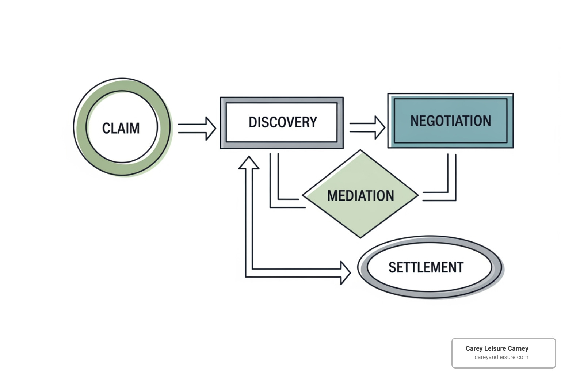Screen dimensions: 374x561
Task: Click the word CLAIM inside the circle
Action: (x=121, y=128)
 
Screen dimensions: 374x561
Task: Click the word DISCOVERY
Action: (x=283, y=122)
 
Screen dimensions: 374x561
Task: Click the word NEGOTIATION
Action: (x=450, y=121)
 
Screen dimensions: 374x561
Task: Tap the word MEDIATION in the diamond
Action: (x=360, y=196)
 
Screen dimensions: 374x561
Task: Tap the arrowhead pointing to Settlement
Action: (x=345, y=273)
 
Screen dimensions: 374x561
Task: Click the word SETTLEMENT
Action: (x=426, y=268)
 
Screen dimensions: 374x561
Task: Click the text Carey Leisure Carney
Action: (x=497, y=348)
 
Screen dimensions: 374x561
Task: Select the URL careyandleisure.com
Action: (x=501, y=357)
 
